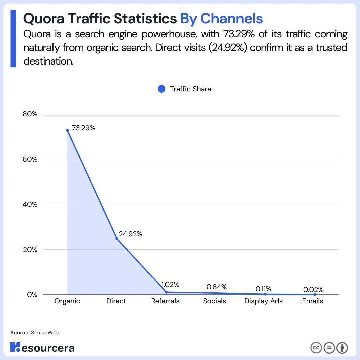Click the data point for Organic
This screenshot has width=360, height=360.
pyautogui.click(x=67, y=130)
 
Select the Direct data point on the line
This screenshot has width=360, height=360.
pyautogui.click(x=117, y=239)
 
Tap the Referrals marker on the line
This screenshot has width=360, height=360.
pyautogui.click(x=166, y=292)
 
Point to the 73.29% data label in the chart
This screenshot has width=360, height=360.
pyautogui.click(x=84, y=128)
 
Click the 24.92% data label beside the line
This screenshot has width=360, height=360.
pyautogui.click(x=131, y=234)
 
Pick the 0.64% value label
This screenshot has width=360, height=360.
pyautogui.click(x=217, y=287)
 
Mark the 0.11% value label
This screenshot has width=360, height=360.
pyautogui.click(x=263, y=289)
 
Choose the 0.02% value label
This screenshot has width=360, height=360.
pyautogui.click(x=313, y=289)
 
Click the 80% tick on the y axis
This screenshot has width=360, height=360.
pyautogui.click(x=30, y=114)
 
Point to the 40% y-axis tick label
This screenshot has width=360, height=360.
pyautogui.click(x=30, y=204)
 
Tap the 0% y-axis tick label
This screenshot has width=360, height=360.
pyautogui.click(x=32, y=295)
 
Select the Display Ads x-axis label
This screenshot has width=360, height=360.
pyautogui.click(x=263, y=301)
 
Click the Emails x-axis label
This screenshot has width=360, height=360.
pyautogui.click(x=313, y=301)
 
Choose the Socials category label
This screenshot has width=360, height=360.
pyautogui.click(x=215, y=301)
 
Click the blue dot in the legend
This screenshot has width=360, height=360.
pyautogui.click(x=161, y=89)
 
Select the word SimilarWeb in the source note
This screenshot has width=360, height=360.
pyautogui.click(x=45, y=332)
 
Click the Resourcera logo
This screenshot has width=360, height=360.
pyautogui.click(x=42, y=347)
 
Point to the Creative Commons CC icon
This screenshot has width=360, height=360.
pyautogui.click(x=316, y=348)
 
